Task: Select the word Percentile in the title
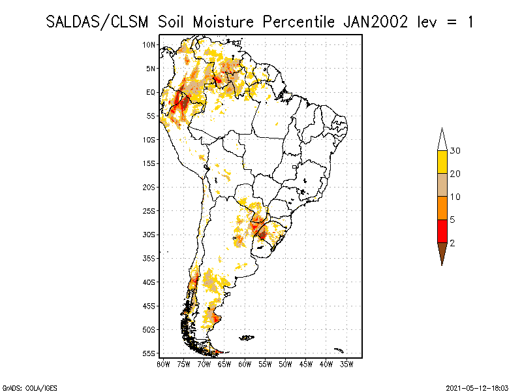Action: [299, 22]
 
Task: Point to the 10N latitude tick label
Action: [149, 44]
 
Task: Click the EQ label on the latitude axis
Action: [151, 92]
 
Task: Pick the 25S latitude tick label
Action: [149, 211]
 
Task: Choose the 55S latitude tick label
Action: [149, 353]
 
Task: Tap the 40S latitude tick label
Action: [149, 282]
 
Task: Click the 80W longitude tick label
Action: [163, 363]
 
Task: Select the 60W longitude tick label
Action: [245, 363]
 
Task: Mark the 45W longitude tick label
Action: [306, 363]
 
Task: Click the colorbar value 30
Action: [455, 151]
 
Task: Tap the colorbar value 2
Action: [452, 243]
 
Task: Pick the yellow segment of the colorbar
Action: [442, 162]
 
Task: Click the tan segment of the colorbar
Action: [442, 185]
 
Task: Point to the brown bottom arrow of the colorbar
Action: [442, 253]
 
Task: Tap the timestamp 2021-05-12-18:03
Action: [477, 387]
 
